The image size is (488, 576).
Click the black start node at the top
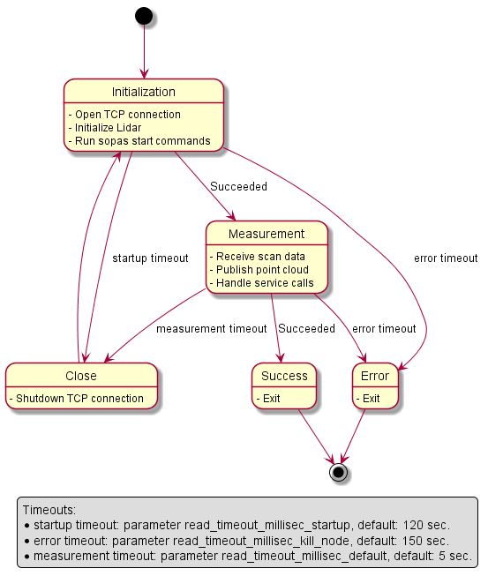pos(143,17)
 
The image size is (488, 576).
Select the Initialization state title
pos(143,92)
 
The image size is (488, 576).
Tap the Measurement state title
pos(267,234)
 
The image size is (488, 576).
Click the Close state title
pos(81,376)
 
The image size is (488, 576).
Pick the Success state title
pos(284,376)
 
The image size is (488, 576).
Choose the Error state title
pos(375,376)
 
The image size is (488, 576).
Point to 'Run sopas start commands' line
pos(142,141)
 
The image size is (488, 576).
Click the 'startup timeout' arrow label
pos(150,258)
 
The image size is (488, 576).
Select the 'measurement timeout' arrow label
pos(211,329)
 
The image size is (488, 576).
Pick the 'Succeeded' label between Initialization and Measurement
pos(238,187)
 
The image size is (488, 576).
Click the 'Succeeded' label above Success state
pos(306,329)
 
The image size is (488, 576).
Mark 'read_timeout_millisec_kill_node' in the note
pos(285,540)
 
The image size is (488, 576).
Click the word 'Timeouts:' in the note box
pos(49,510)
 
